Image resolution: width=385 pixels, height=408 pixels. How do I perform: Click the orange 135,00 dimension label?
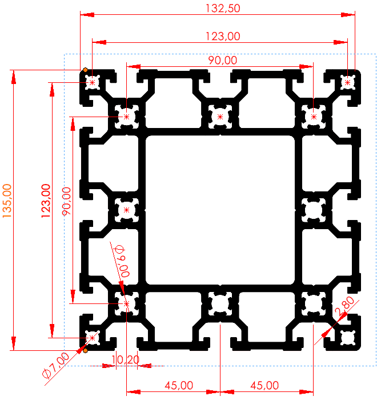7,201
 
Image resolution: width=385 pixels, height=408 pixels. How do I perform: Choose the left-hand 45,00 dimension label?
178,385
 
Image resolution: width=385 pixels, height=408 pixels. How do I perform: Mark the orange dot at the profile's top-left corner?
85,70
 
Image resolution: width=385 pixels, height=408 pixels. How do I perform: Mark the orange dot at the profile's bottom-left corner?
85,350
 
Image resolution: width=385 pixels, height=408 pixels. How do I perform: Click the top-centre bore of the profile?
220,117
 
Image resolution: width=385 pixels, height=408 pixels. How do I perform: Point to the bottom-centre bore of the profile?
220,303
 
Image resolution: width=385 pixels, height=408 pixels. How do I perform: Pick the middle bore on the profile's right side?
314,210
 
